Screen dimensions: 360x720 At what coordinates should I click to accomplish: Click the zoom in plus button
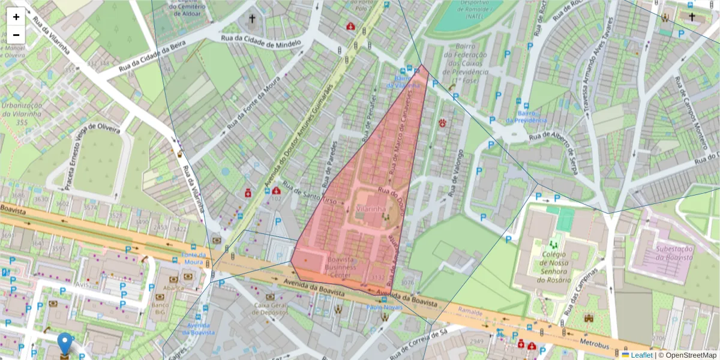point(16,17)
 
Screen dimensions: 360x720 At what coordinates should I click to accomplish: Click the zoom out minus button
point(16,35)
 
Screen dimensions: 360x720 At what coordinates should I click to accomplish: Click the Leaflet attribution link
point(641,355)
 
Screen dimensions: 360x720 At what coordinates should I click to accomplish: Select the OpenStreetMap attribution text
point(689,355)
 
